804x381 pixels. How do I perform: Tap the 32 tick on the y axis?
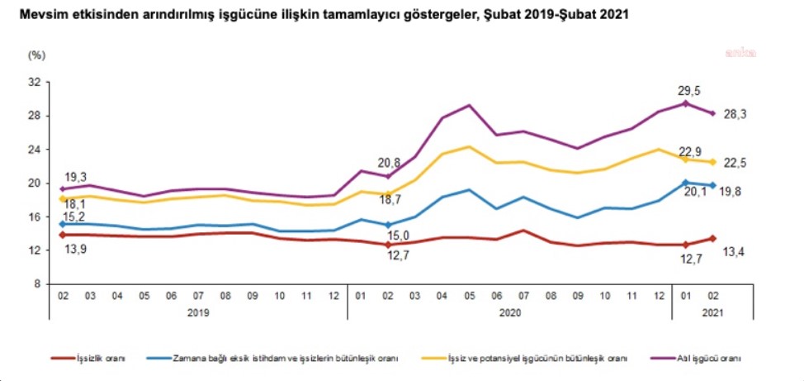(34, 83)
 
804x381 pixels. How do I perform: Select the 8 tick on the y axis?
(37, 283)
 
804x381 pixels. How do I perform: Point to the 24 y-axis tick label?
(34, 150)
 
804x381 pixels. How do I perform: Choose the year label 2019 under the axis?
(198, 313)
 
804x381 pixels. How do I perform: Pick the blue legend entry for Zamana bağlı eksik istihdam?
(284, 359)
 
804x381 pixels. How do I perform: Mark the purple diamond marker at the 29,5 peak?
(685, 103)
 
